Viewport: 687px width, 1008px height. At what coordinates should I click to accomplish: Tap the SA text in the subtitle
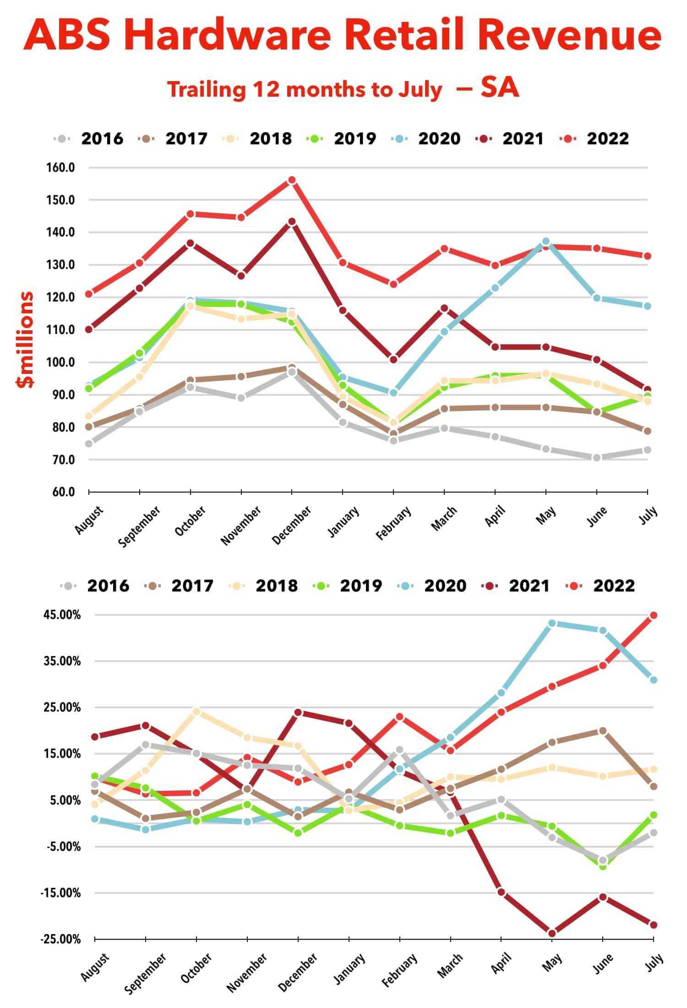500,88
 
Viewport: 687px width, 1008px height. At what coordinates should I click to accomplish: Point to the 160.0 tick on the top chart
60,168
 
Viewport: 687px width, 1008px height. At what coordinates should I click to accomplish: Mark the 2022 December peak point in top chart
292,180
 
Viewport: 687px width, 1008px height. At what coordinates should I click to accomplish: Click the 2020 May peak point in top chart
546,241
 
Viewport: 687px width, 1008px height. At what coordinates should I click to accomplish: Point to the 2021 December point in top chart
292,222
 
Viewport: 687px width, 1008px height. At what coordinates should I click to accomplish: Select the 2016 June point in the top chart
597,458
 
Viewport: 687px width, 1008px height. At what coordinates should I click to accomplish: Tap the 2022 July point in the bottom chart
654,615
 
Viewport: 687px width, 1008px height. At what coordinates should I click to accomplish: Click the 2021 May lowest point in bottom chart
552,933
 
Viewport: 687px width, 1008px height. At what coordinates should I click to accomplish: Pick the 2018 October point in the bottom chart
196,712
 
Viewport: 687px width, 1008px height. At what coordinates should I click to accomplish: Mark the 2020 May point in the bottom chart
552,624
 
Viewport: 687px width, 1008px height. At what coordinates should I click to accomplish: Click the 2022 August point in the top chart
89,294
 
